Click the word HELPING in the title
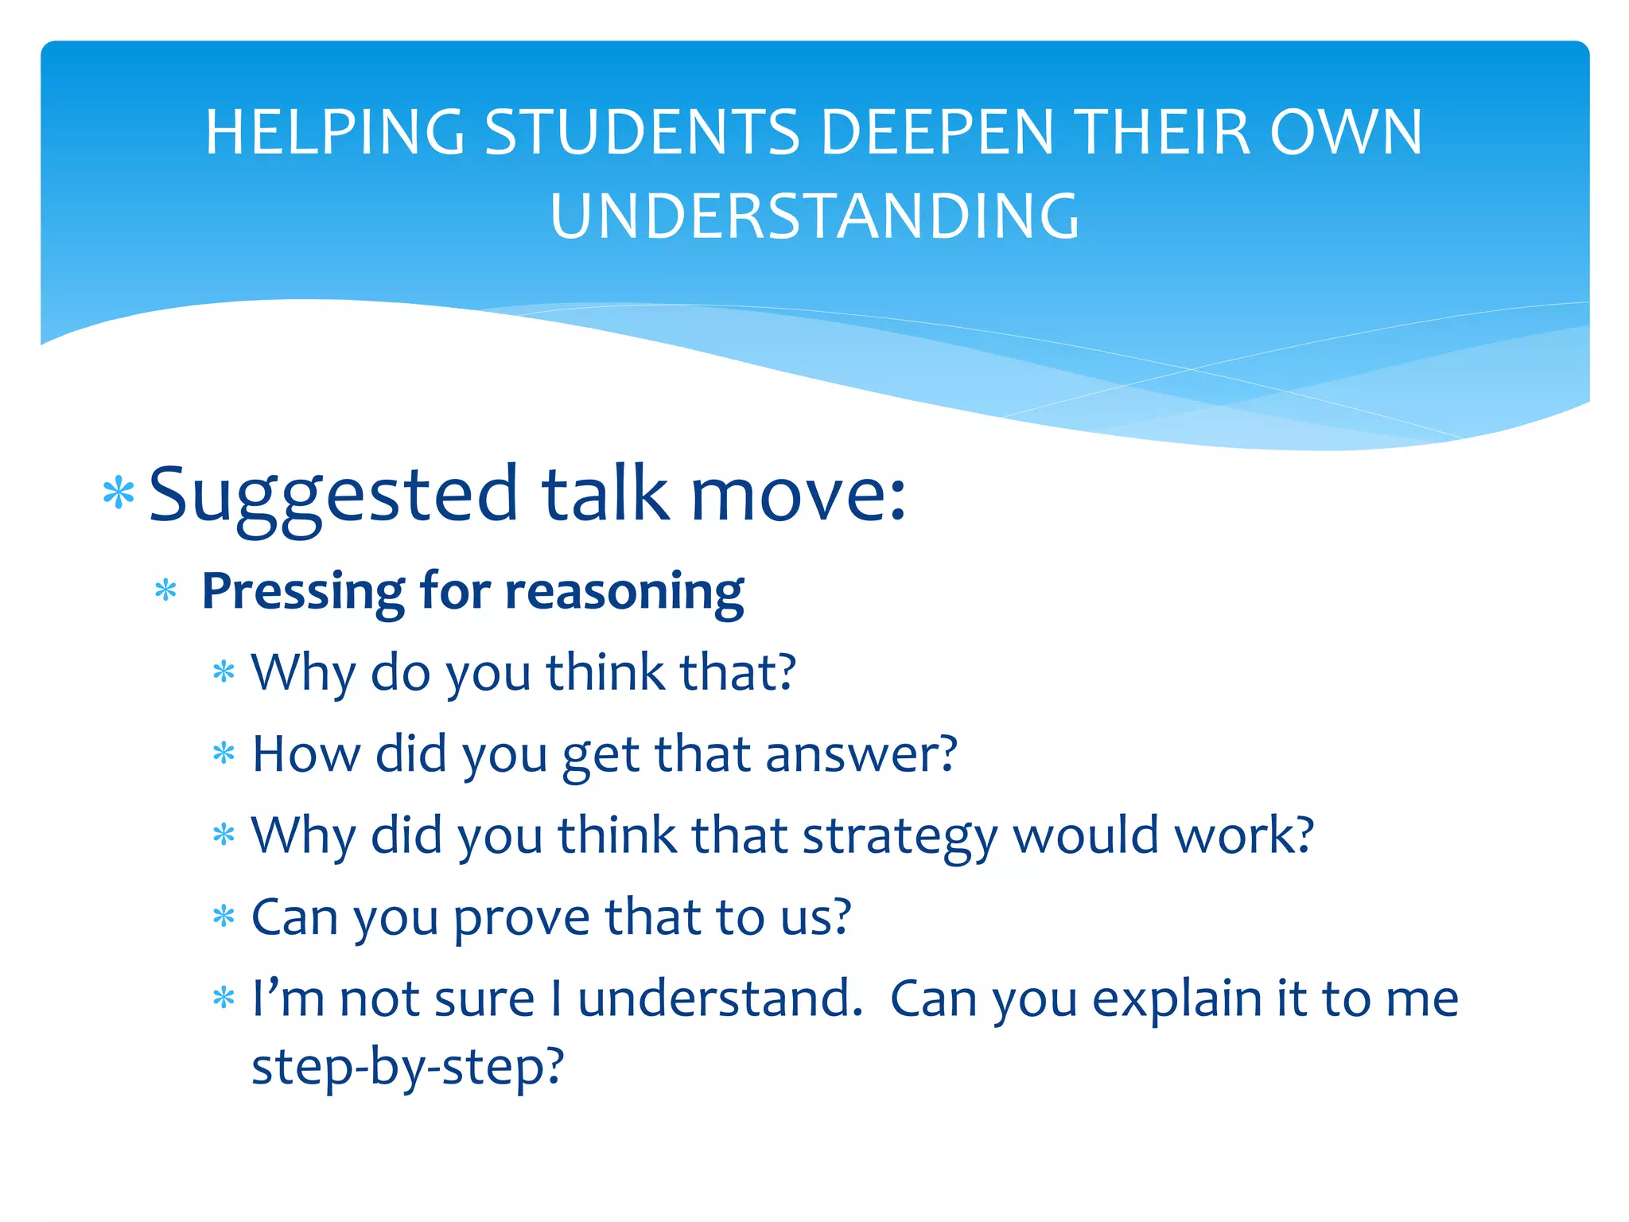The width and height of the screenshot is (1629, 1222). pyautogui.click(x=334, y=133)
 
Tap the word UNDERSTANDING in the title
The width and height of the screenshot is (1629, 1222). pyautogui.click(x=814, y=216)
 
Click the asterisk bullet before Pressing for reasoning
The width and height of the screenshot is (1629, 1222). pyautogui.click(x=165, y=591)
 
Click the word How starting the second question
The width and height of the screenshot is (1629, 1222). pyautogui.click(x=305, y=754)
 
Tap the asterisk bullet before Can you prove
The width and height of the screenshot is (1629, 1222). pyautogui.click(x=224, y=917)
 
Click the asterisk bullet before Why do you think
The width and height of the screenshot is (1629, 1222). pyautogui.click(x=224, y=673)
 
